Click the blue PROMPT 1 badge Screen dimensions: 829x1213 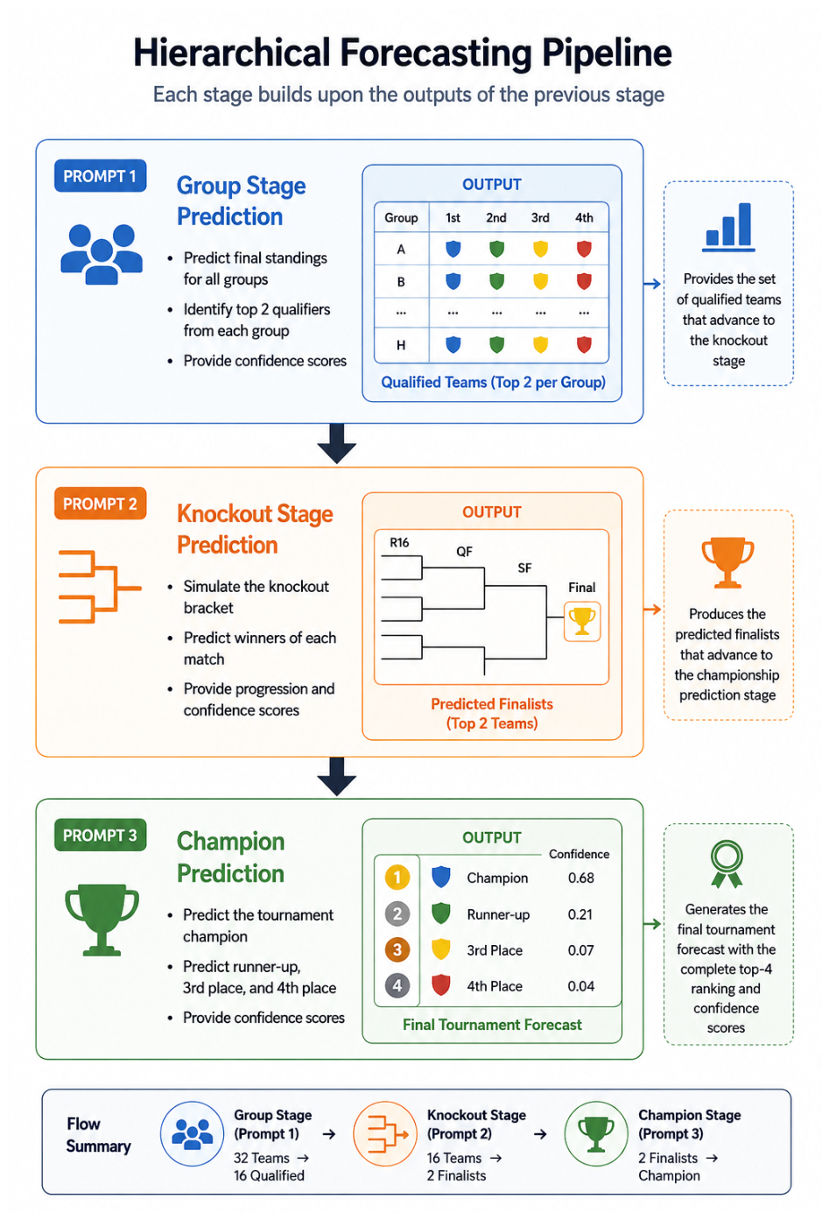coord(100,175)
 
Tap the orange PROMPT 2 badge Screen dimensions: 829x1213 coord(100,504)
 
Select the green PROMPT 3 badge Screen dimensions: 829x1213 coord(100,835)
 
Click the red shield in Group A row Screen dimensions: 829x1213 coord(584,249)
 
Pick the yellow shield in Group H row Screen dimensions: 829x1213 coord(540,344)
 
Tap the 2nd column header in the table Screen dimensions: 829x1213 coord(496,218)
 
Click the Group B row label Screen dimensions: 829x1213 coord(401,282)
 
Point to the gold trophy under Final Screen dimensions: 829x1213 coord(582,621)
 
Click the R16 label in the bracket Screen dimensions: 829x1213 coord(399,543)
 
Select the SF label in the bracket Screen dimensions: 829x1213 coord(524,568)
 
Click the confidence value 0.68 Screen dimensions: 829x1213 coord(580,878)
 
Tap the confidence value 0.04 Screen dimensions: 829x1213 coord(580,986)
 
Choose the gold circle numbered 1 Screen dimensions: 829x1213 coord(397,878)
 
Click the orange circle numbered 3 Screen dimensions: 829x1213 coord(397,950)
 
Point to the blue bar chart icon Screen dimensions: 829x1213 coord(729,227)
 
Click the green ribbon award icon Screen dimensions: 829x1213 coord(727,864)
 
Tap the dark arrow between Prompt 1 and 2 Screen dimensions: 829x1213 coord(336,444)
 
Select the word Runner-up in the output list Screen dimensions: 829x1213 coord(498,914)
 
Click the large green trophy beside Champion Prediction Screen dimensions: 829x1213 coord(102,920)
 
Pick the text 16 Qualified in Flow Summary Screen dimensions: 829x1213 coord(269,1175)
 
